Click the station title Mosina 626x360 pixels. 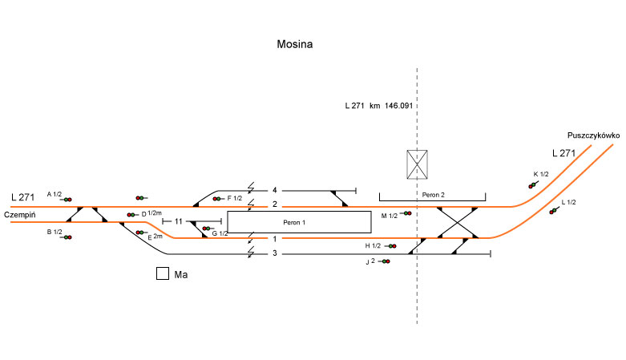(x=295, y=44)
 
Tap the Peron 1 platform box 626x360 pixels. (x=299, y=221)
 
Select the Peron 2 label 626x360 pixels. (x=432, y=195)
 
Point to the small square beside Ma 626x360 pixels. (x=162, y=273)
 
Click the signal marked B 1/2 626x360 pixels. (x=67, y=237)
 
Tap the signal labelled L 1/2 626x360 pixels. (x=553, y=211)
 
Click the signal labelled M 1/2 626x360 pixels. (x=407, y=213)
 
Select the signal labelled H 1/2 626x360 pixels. (x=391, y=246)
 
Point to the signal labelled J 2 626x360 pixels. (x=386, y=261)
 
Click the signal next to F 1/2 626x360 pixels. (x=217, y=198)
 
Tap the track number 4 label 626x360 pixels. (x=274, y=190)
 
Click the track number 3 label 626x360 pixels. (x=274, y=253)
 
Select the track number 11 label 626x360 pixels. (x=180, y=220)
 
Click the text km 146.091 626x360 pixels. (x=390, y=105)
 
